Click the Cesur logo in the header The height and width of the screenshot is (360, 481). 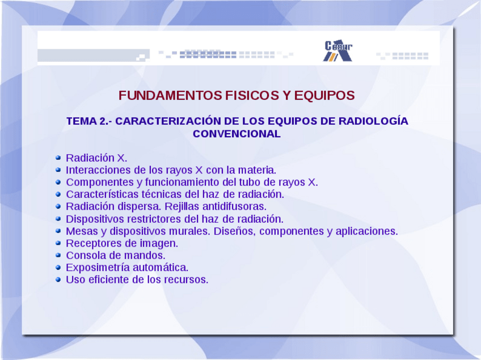(x=337, y=50)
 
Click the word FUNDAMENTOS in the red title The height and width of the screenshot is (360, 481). (x=170, y=95)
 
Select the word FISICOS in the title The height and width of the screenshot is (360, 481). (x=252, y=95)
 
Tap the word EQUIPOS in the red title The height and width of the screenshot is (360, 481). (x=324, y=95)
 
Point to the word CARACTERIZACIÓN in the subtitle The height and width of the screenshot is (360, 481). (x=168, y=121)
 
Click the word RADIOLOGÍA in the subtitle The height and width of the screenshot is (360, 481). (x=373, y=121)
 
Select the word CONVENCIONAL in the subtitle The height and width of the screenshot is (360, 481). (x=237, y=134)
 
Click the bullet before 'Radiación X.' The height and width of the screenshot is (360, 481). (x=58, y=158)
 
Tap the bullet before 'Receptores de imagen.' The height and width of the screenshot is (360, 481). (x=58, y=243)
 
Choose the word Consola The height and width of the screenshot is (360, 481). (x=84, y=255)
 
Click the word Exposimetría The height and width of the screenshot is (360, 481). (x=96, y=268)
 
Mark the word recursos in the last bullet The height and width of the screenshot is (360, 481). (x=186, y=279)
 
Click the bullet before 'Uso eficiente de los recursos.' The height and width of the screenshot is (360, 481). (x=58, y=279)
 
